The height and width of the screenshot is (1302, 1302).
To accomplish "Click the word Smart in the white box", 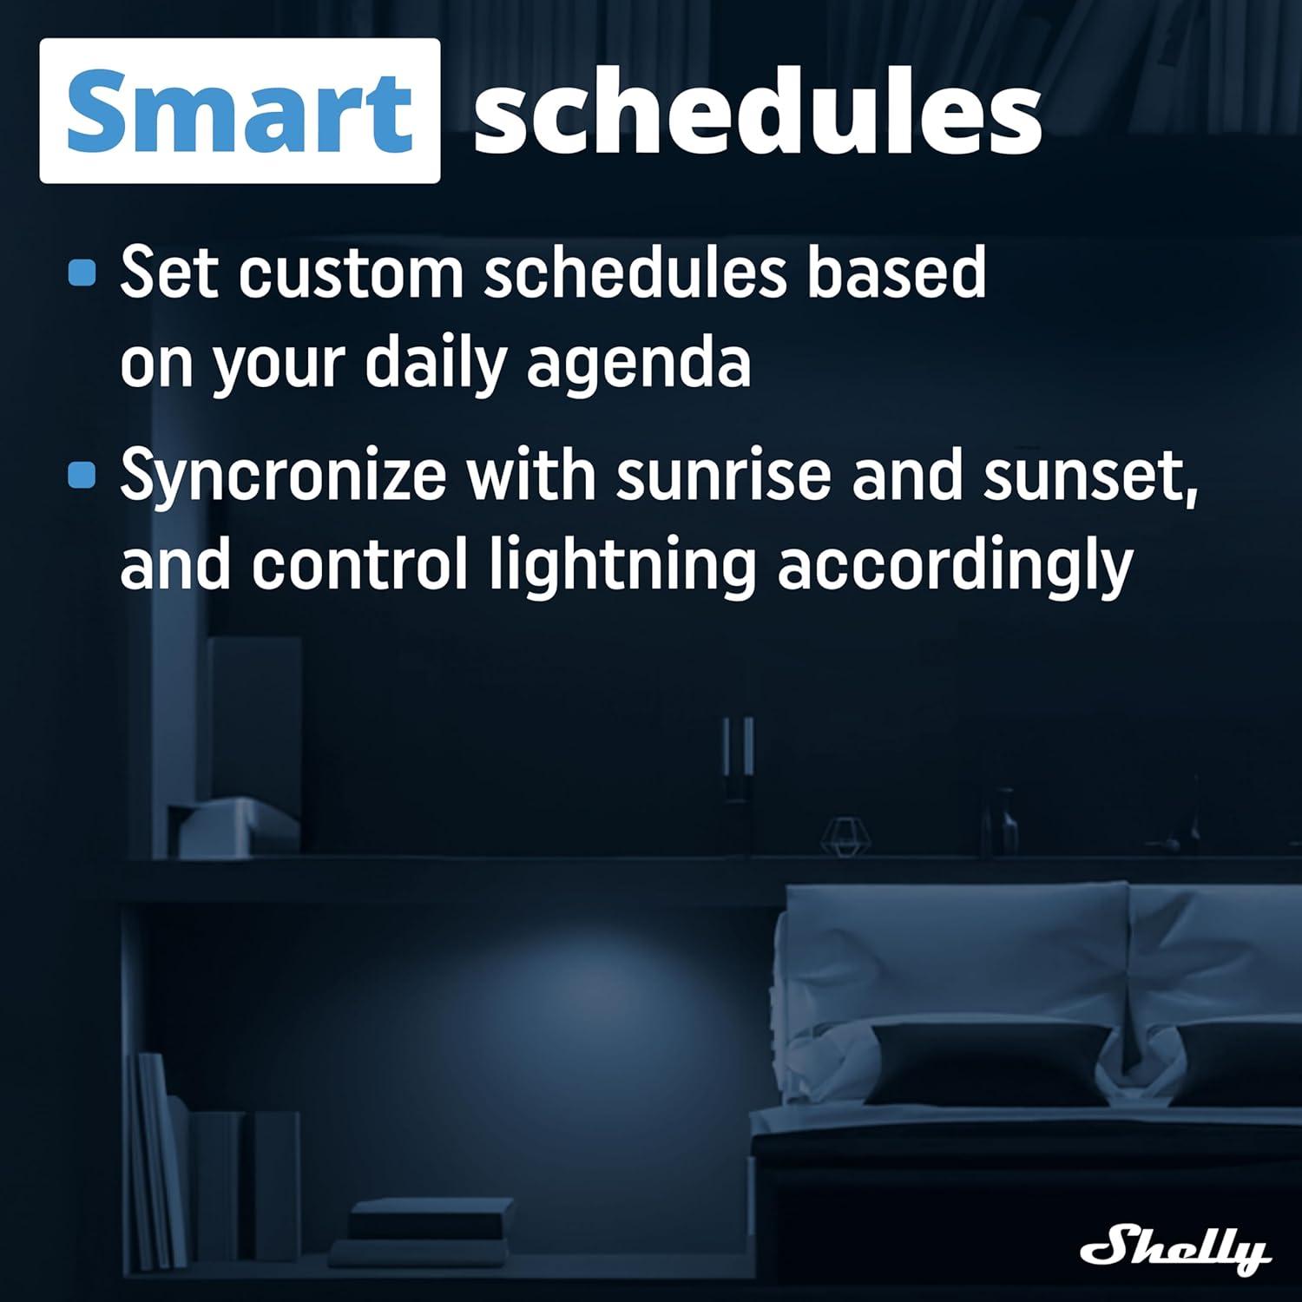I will (x=239, y=111).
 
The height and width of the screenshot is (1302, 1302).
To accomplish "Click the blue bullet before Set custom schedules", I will (x=82, y=273).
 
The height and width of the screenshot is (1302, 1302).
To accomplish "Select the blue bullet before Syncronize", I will (x=82, y=475).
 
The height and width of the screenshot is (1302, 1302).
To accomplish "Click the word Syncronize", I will (x=283, y=477).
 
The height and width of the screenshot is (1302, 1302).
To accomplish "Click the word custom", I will (x=352, y=273).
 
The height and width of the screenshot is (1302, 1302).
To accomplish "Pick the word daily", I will (x=435, y=365).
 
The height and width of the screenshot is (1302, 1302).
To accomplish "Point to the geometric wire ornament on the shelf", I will (x=845, y=836).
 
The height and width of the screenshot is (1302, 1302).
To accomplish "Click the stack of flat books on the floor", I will (x=425, y=1227).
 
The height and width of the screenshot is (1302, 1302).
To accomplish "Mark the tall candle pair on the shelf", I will (x=738, y=755).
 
